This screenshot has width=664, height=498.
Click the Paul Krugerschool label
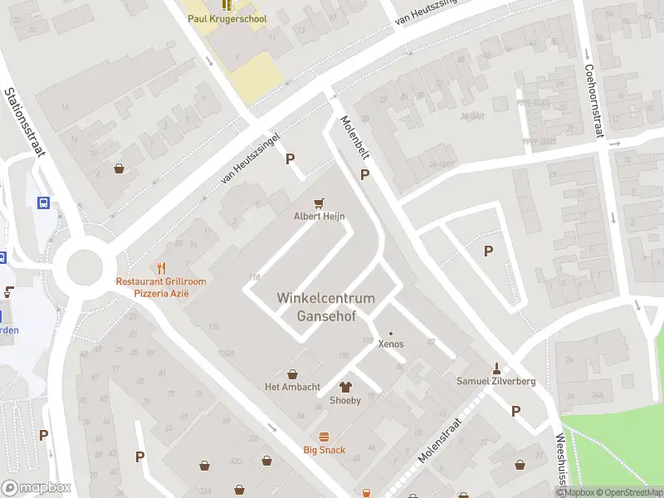227,18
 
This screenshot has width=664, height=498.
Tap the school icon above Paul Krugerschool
227,4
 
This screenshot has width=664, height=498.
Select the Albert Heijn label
320,217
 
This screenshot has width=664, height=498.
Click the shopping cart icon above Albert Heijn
319,203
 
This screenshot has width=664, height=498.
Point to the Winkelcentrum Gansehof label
325,307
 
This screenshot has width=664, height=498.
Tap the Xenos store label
391,344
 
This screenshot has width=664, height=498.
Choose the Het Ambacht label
292,387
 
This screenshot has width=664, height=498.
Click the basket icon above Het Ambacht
292,373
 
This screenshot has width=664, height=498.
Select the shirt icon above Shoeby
345,387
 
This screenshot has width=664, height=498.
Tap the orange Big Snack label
324,451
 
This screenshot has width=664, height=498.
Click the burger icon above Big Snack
324,437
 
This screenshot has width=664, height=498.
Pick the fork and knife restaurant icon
161,268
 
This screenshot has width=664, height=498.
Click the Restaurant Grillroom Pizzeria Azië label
161,287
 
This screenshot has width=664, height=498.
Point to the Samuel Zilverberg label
496,382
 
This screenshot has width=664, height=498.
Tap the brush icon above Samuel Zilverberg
496,368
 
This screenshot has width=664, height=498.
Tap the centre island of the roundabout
85,267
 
